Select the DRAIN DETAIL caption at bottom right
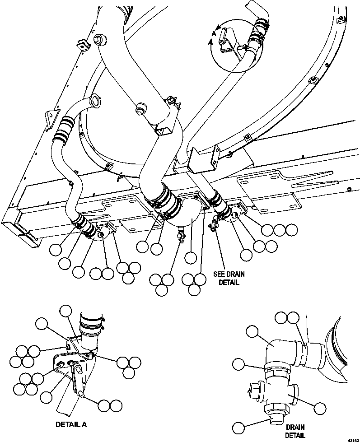pyautogui.click(x=295, y=431)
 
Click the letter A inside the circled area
pyautogui.click(x=214, y=33)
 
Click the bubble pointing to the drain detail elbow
pyautogui.click(x=252, y=333)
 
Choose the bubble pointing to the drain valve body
pyautogui.click(x=320, y=409)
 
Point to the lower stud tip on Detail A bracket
pyautogui.click(x=82, y=395)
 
